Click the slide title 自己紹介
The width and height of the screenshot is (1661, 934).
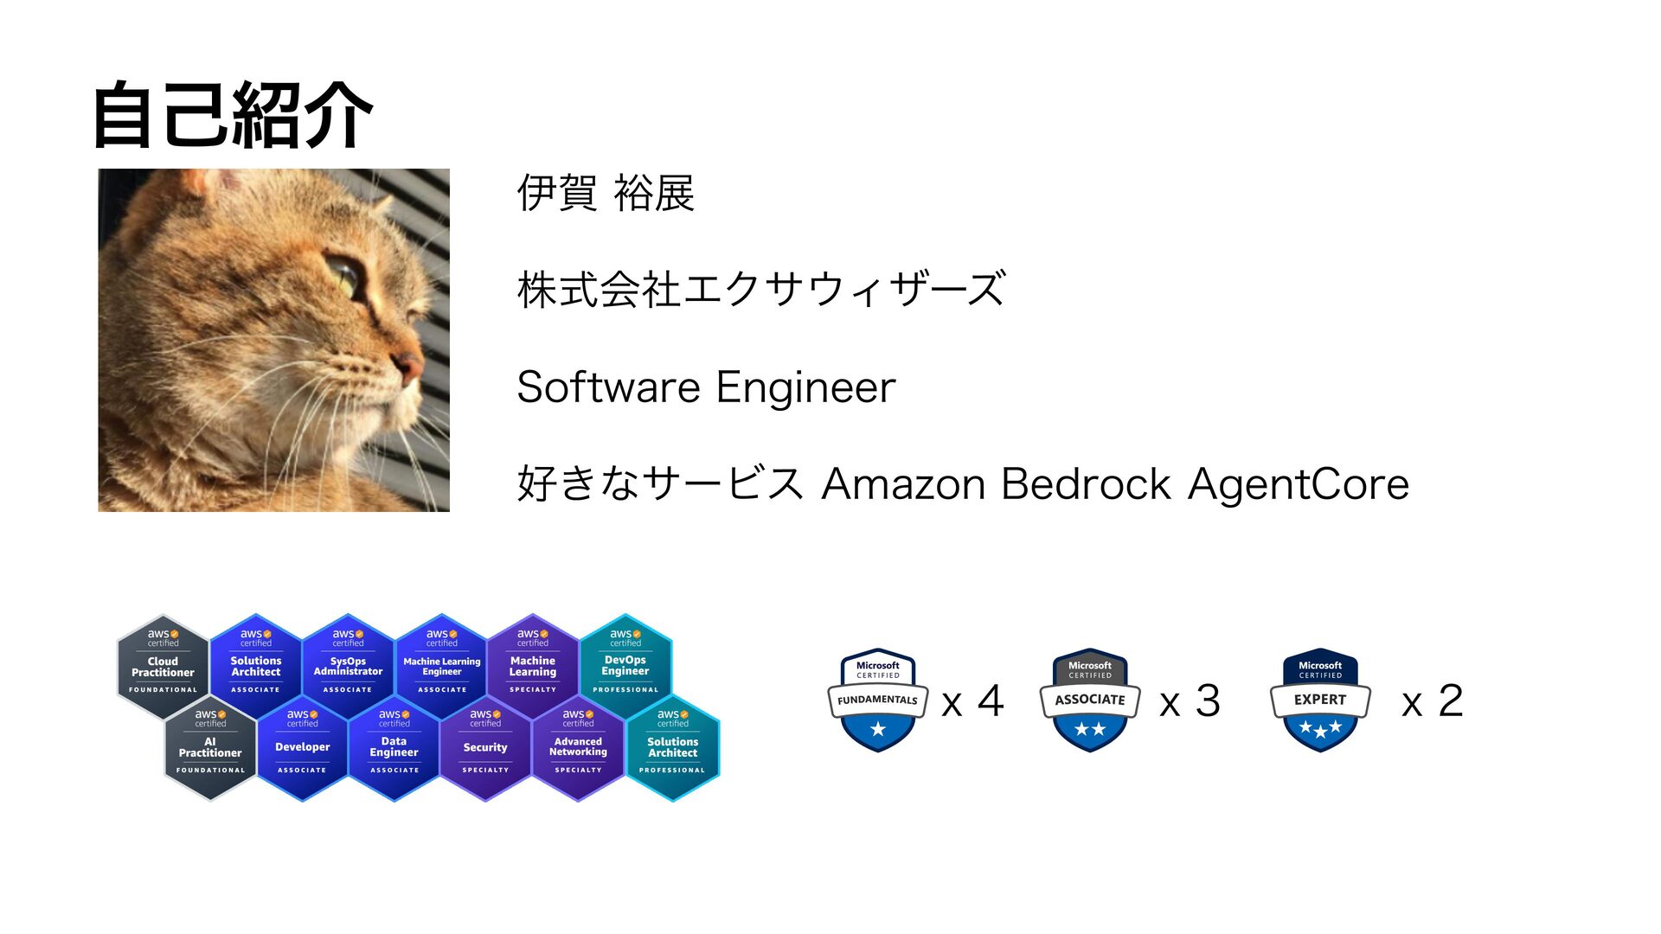(x=232, y=115)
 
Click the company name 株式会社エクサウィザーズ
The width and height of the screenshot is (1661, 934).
(x=761, y=289)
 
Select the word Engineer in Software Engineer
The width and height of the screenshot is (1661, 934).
(x=805, y=387)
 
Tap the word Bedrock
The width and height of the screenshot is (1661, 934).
(x=1086, y=483)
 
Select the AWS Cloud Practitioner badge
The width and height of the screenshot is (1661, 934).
(x=163, y=664)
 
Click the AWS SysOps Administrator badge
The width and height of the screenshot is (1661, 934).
(x=348, y=664)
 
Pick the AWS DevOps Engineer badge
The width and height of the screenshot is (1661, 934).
(x=625, y=664)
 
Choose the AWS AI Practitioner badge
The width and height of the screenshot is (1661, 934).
(x=210, y=746)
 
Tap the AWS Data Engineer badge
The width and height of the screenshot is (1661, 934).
(x=394, y=746)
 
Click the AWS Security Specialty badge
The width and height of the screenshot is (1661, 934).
(x=485, y=746)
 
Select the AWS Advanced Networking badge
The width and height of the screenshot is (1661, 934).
(x=578, y=746)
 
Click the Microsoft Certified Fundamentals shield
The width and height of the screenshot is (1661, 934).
(x=877, y=700)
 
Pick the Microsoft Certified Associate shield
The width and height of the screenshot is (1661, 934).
(x=1089, y=700)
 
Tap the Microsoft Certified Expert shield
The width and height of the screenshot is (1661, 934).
(x=1320, y=700)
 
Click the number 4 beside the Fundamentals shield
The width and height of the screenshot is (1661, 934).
(x=991, y=700)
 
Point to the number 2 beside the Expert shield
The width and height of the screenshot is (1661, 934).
(x=1450, y=700)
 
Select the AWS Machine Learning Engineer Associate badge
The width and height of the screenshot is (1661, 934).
(x=441, y=664)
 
